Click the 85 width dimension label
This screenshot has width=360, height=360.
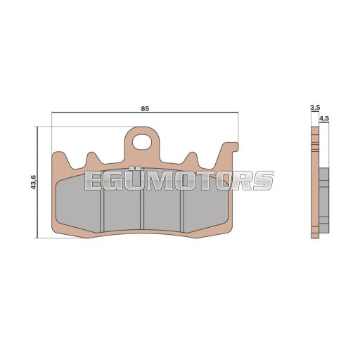pos(145,109)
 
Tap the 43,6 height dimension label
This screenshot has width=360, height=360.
pos(34,182)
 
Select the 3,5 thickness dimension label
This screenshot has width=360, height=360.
pos(315,108)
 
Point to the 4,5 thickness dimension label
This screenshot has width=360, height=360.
pos(324,119)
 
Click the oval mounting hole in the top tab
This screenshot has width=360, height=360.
pos(142,141)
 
